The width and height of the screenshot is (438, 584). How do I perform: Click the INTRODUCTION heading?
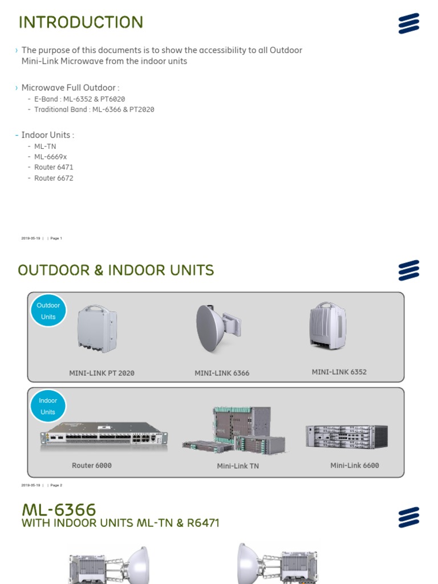(80, 22)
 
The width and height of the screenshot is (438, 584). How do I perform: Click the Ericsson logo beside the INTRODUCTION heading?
(408, 23)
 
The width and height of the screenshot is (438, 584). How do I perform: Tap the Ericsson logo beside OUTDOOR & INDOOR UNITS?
(408, 270)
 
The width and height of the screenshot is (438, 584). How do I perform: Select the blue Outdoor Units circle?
(48, 311)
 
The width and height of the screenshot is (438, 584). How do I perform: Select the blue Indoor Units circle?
(48, 406)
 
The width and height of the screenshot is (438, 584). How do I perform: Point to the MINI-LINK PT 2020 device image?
(97, 328)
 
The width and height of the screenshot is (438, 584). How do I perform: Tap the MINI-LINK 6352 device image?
(328, 326)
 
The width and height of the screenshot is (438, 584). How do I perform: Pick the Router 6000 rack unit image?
(104, 436)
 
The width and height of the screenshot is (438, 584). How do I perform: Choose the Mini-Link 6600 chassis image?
(346, 436)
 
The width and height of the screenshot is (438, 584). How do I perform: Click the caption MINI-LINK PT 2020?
(102, 373)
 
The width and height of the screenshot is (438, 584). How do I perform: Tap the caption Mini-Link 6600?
(354, 465)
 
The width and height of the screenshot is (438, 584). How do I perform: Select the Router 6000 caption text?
(92, 465)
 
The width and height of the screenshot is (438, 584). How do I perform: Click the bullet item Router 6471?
(54, 167)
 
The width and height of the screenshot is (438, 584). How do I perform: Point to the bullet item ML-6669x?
(50, 157)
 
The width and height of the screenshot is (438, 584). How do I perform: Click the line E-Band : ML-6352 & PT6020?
(79, 99)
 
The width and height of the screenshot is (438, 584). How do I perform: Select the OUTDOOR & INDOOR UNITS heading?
(116, 270)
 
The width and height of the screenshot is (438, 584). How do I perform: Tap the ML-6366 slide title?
(59, 509)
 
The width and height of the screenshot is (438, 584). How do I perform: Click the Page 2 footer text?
(56, 485)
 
